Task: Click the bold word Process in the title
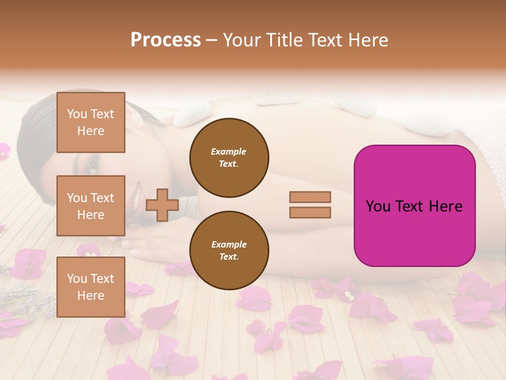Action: (x=166, y=40)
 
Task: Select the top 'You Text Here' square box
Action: (x=91, y=122)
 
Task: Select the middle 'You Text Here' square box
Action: (x=91, y=206)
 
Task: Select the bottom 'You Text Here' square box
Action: (x=91, y=287)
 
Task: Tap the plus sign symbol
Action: (x=162, y=205)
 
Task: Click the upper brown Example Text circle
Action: (x=229, y=158)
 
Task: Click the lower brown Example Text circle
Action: (x=229, y=250)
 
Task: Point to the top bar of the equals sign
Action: (x=310, y=197)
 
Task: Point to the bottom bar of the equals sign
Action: (x=310, y=213)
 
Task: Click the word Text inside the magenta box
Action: (x=414, y=206)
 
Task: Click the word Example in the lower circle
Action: (x=229, y=244)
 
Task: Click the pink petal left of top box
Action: (x=4, y=151)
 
